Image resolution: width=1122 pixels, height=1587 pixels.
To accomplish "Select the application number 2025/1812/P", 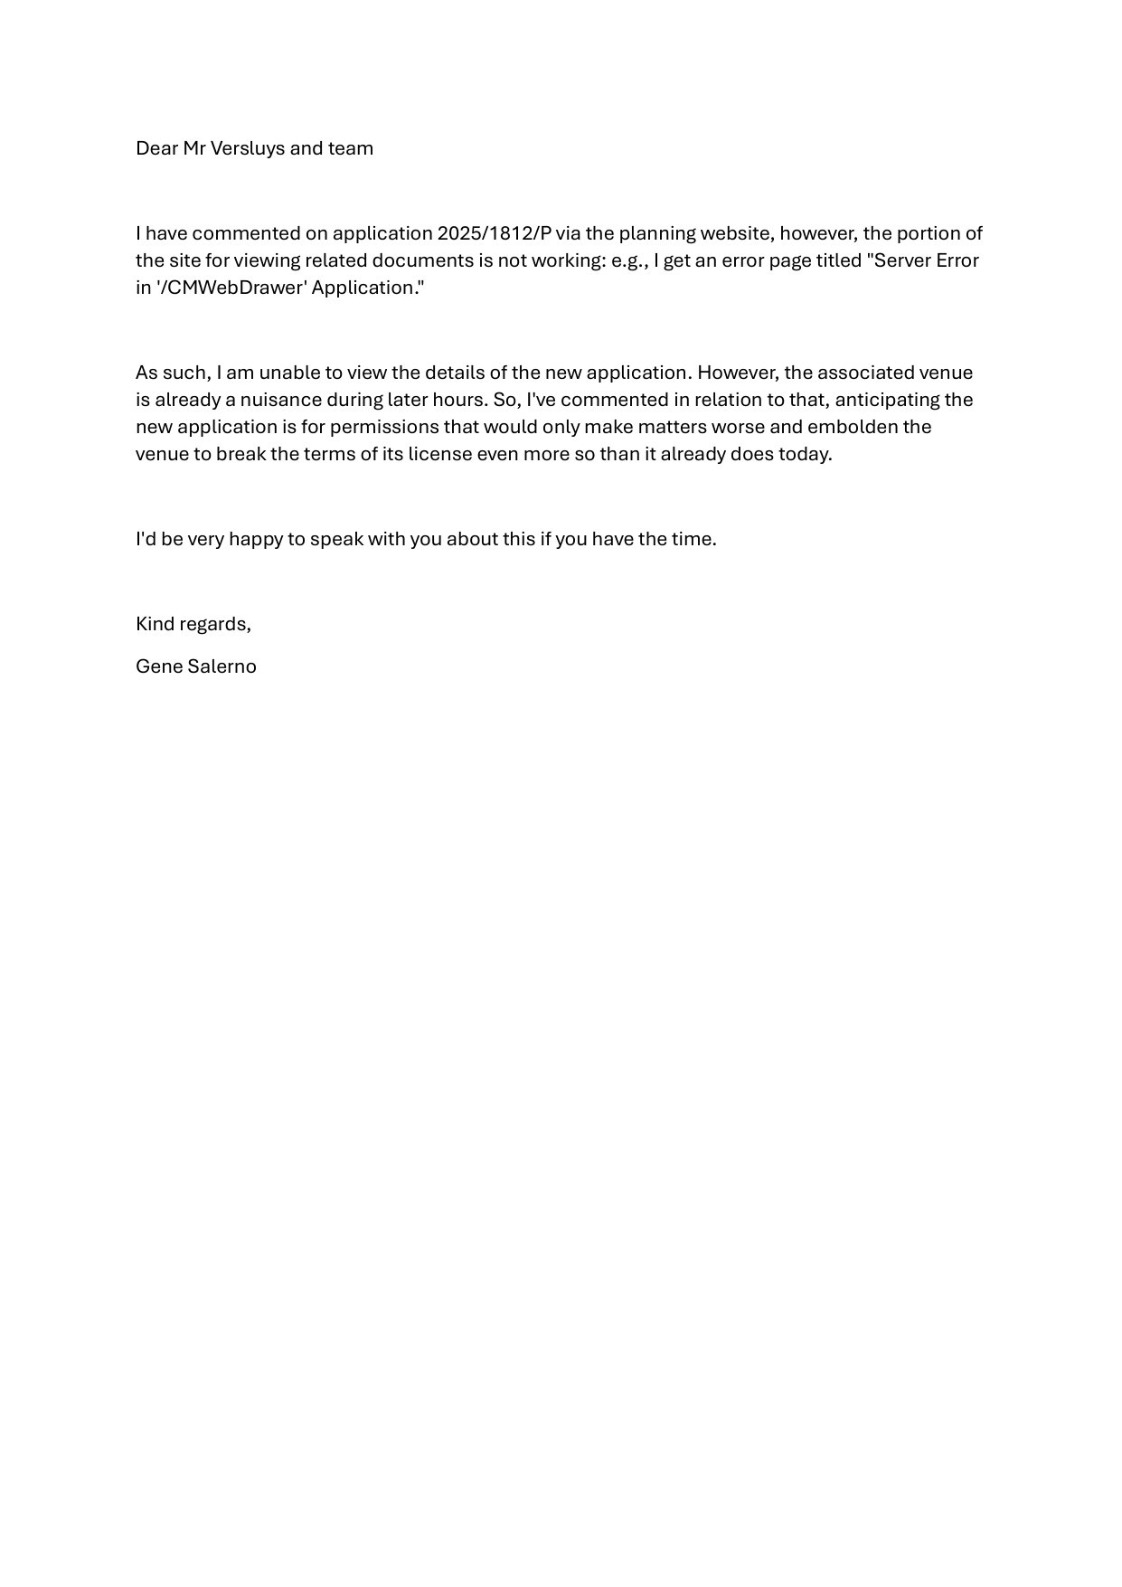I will (494, 233).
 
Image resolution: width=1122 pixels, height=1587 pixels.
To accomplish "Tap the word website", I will (736, 233).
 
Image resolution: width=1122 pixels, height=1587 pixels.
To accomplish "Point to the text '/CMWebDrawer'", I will (231, 288).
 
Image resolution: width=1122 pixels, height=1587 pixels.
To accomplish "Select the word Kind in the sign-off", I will (154, 624).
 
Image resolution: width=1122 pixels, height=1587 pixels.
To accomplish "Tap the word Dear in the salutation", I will (156, 148).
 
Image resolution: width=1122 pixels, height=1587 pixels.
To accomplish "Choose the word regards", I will (218, 624).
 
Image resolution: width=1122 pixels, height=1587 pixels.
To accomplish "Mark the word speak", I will (336, 539).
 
